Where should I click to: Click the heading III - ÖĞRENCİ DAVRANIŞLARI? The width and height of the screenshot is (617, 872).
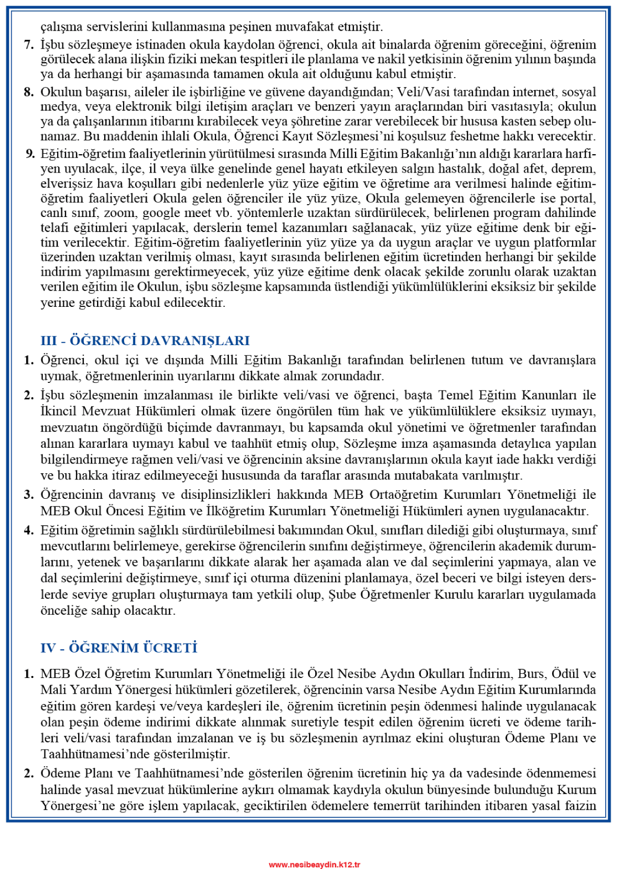point(145,341)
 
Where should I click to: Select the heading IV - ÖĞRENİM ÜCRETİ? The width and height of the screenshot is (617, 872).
point(118,648)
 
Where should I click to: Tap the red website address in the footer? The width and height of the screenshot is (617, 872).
point(315,864)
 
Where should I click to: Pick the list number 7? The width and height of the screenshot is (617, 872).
point(29,45)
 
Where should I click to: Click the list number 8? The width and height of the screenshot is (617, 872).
point(29,92)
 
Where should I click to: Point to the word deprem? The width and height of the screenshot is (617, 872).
point(576,169)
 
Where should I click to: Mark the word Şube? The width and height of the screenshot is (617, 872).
point(342,595)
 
